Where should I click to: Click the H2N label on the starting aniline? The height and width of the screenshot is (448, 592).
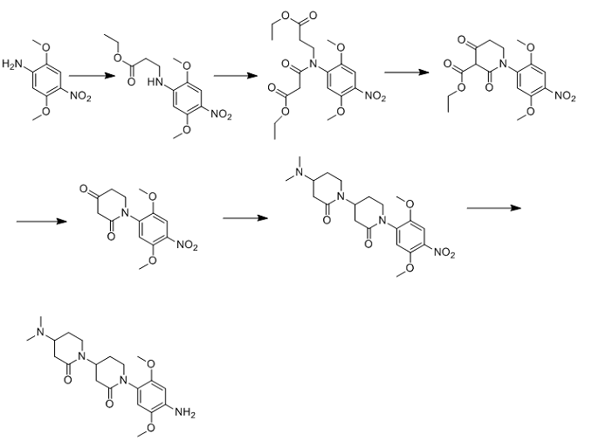click(x=12, y=65)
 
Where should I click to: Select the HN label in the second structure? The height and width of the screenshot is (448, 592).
click(x=155, y=82)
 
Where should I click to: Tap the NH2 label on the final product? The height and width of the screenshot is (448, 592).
click(x=184, y=412)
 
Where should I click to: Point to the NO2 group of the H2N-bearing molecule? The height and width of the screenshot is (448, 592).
click(x=80, y=97)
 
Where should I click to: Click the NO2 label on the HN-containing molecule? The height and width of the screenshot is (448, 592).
click(x=221, y=114)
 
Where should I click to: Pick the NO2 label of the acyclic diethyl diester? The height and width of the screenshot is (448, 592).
click(x=375, y=97)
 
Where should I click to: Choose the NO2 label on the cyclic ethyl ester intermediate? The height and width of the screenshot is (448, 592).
click(x=566, y=97)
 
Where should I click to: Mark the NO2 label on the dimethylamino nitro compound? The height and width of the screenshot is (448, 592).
click(x=444, y=252)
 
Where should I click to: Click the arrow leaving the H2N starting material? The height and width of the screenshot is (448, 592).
click(x=92, y=76)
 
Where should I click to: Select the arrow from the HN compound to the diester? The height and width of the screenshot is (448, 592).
click(x=236, y=76)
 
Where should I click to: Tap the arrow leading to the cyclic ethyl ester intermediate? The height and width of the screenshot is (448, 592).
click(x=407, y=72)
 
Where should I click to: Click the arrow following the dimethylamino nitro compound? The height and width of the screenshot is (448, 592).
click(x=494, y=208)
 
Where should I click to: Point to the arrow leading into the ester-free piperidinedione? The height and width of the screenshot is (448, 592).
click(x=42, y=221)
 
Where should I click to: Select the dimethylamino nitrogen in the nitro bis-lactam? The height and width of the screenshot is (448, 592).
click(x=299, y=172)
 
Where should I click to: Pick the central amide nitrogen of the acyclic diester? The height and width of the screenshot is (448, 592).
click(x=313, y=65)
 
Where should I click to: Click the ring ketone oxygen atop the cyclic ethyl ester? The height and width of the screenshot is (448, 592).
click(x=461, y=40)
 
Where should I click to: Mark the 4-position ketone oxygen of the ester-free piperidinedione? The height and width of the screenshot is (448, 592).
click(x=83, y=189)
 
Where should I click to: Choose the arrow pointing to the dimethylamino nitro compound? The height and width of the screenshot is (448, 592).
click(x=245, y=218)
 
